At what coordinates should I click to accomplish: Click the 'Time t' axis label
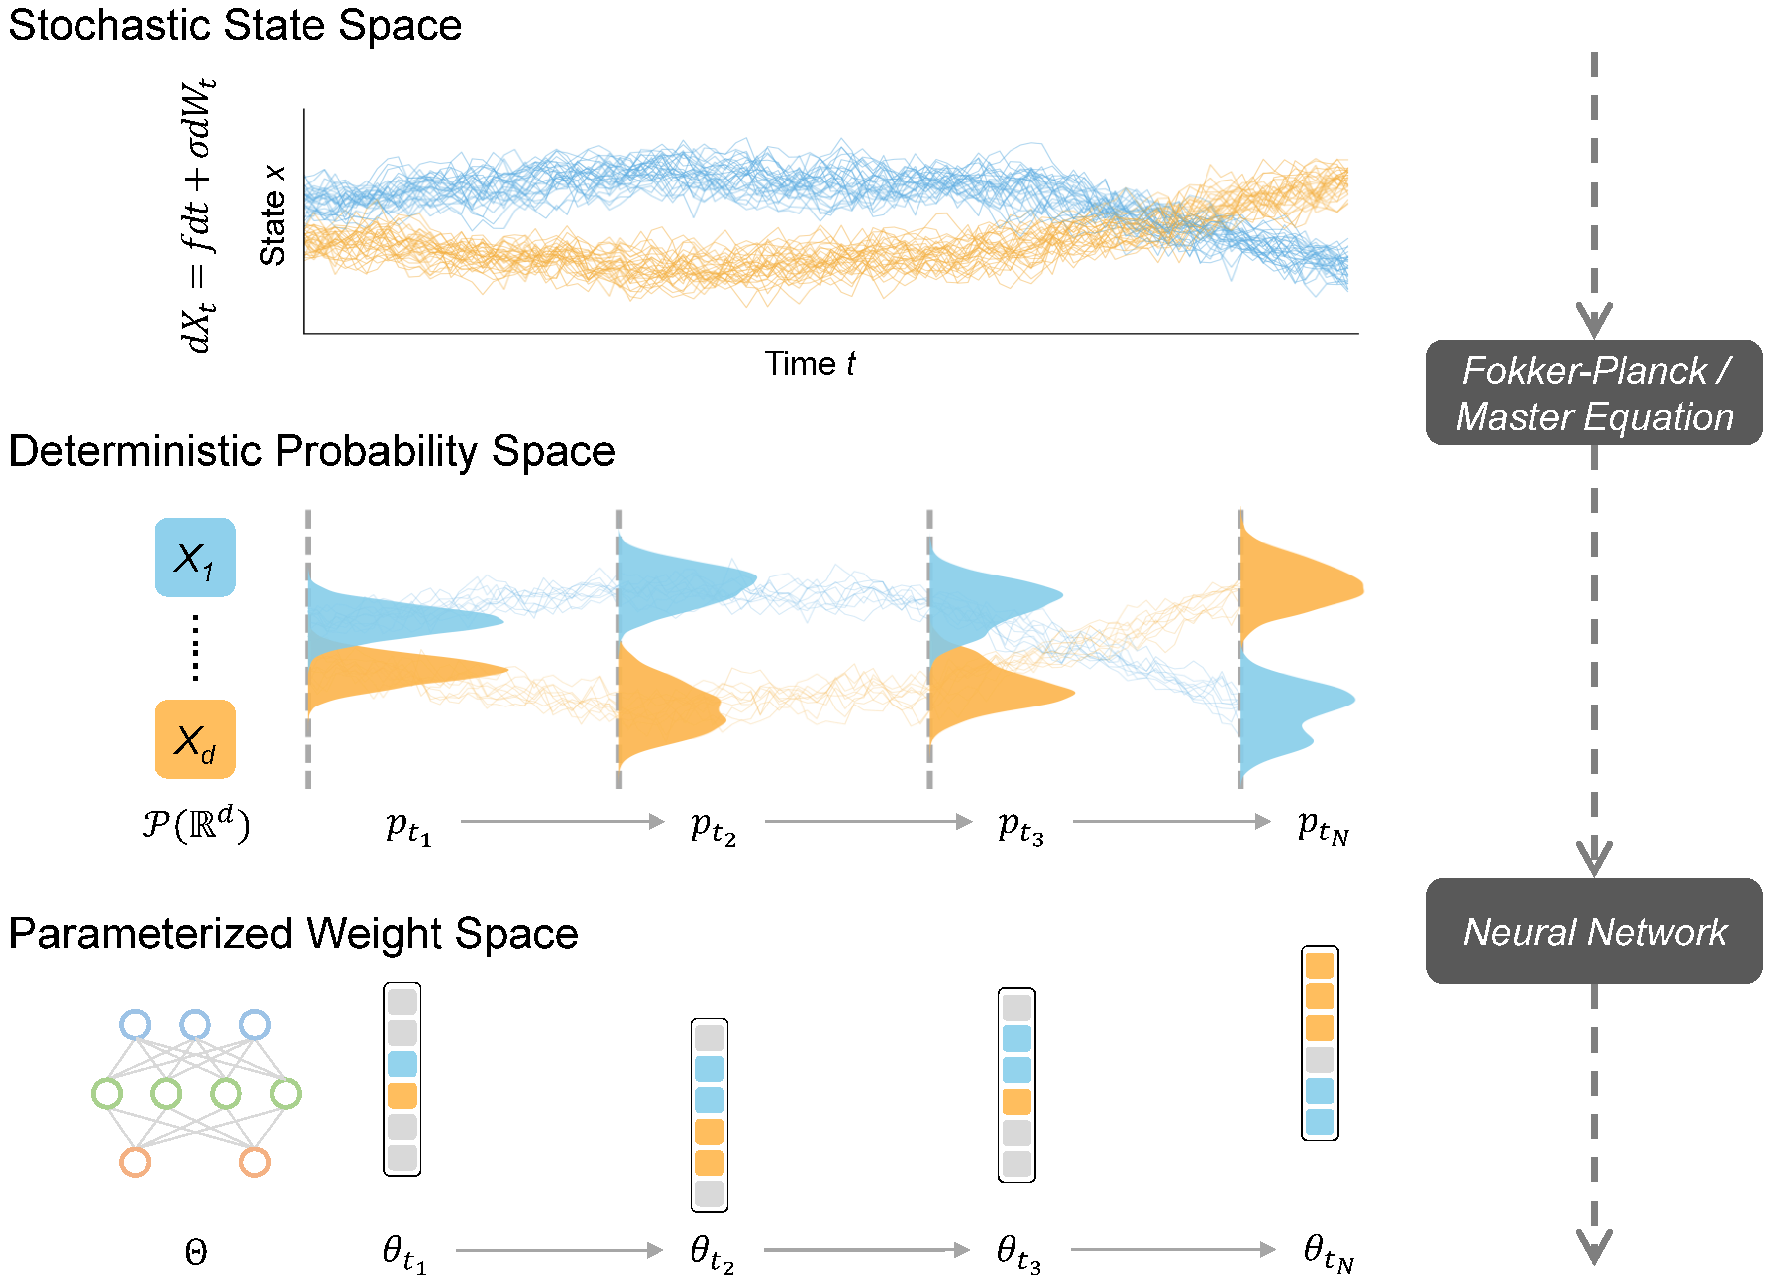tap(809, 364)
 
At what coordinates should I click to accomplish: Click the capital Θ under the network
tap(196, 1253)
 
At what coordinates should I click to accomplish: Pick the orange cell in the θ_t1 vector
tap(402, 1095)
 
